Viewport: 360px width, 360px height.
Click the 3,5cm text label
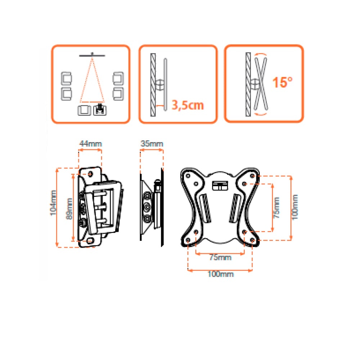click(x=188, y=105)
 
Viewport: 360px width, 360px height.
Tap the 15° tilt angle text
click(x=282, y=82)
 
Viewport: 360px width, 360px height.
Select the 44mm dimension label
click(x=90, y=144)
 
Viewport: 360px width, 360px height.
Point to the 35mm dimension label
click(x=152, y=144)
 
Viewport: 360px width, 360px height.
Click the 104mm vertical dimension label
click(x=53, y=203)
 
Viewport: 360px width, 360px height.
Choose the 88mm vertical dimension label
click(x=69, y=209)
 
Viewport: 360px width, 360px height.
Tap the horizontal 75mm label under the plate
click(x=220, y=257)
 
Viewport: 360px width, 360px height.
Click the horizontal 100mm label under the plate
click(x=220, y=274)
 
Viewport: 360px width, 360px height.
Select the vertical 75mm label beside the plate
click(x=276, y=208)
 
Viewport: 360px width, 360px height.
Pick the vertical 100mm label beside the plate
click(x=295, y=207)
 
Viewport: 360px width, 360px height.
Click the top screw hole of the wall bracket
click(x=90, y=174)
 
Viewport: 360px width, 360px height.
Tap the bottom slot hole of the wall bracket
click(x=90, y=241)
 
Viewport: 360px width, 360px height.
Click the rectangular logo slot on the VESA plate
click(x=220, y=185)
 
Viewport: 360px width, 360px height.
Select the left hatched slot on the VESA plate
click(x=206, y=208)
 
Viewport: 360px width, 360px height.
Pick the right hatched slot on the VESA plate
click(x=234, y=208)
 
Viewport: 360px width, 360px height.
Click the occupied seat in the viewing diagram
click(x=100, y=110)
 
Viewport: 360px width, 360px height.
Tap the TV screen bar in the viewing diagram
click(x=92, y=55)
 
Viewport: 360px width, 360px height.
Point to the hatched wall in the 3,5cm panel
click(x=153, y=85)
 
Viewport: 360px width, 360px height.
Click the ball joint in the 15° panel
click(x=255, y=84)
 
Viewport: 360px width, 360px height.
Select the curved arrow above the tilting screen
click(x=261, y=54)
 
